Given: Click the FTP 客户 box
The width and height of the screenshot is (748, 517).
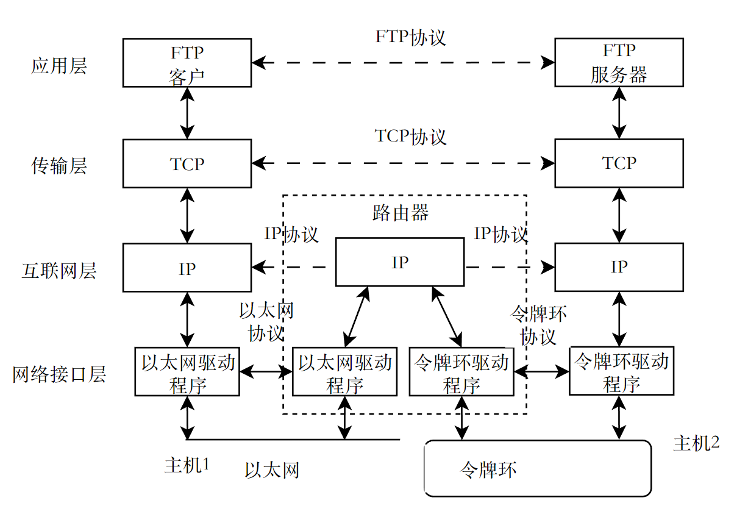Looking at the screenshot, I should point(187,63).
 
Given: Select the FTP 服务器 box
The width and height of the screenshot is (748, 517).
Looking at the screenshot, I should point(619,63).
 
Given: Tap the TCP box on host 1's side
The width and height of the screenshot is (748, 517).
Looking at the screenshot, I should point(187,163).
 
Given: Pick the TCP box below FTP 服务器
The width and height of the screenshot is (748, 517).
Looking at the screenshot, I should point(619,163).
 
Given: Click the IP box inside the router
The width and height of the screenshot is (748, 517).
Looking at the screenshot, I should point(400,262).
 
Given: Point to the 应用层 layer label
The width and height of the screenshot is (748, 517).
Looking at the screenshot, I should point(59,66).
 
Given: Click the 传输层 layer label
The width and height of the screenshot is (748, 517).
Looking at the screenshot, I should point(59,165).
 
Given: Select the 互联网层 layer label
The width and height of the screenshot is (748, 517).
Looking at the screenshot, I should point(59,270).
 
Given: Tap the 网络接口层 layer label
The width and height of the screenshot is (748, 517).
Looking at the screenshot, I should point(59,374).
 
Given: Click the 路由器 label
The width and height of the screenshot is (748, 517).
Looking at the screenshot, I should point(401,213).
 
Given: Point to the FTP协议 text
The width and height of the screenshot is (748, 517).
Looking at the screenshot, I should point(410,37).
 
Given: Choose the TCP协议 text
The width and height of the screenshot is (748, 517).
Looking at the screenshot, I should point(410,136).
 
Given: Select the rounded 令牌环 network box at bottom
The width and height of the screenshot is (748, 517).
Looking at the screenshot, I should point(538,468).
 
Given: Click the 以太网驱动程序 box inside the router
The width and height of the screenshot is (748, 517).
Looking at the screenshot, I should point(345,374).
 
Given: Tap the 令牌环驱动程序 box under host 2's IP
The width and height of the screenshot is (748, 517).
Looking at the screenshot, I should point(621,373).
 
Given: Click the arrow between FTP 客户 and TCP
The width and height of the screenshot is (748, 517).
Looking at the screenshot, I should point(187,113).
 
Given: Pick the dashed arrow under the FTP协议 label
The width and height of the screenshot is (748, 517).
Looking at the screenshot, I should point(403,62).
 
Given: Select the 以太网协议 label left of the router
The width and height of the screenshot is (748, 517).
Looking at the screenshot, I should point(266,322).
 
